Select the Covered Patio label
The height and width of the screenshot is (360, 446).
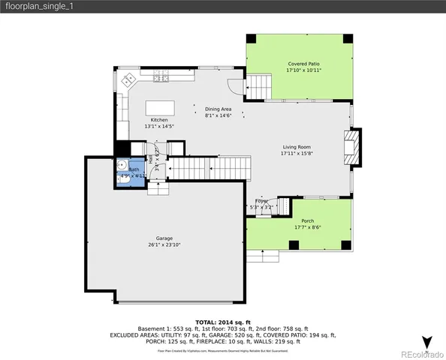click(304, 64)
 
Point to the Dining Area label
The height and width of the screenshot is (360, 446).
click(218, 109)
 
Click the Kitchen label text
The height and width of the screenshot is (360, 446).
click(159, 120)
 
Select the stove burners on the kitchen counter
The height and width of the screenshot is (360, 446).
click(160, 77)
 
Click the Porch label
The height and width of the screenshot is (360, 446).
click(308, 220)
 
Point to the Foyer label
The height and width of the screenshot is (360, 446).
click(261, 201)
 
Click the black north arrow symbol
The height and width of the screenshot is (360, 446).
click(427, 344)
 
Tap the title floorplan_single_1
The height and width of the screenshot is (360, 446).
click(38, 7)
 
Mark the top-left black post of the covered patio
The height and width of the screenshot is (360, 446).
click(252, 39)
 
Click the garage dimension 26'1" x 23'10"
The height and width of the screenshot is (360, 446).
click(164, 244)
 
